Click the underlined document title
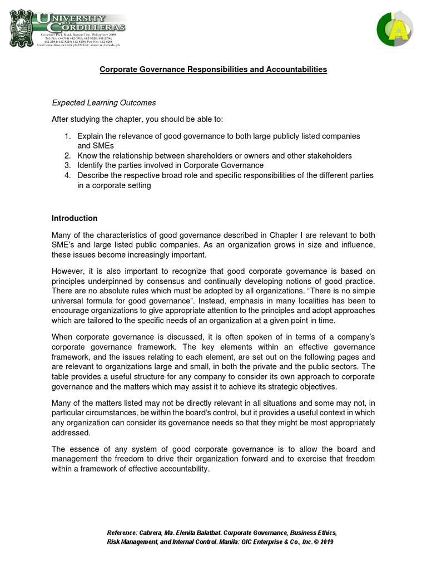pos(213,70)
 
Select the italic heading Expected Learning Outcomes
pos(104,103)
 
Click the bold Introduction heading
pos(75,218)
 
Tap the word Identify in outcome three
pos(91,165)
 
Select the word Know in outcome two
pos(87,156)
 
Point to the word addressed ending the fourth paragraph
pos(71,433)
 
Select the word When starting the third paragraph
pos(62,337)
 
